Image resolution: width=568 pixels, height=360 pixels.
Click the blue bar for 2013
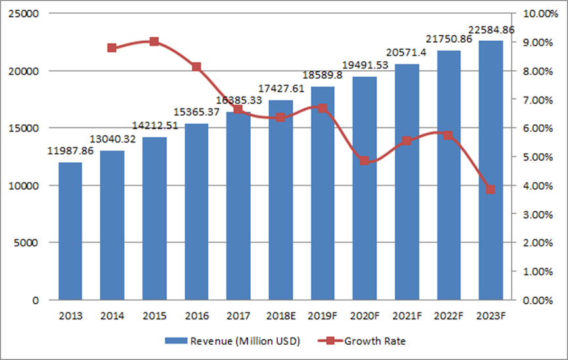pyautogui.click(x=70, y=231)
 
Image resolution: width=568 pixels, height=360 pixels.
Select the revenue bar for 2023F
pyautogui.click(x=491, y=170)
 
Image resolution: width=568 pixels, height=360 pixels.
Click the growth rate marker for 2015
pyautogui.click(x=154, y=41)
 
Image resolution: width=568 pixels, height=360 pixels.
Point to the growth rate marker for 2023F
pyautogui.click(x=491, y=190)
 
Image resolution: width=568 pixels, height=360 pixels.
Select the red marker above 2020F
pyautogui.click(x=364, y=161)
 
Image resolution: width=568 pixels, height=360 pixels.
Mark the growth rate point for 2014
pyautogui.click(x=112, y=48)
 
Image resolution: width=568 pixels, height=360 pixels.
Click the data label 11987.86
pyautogui.click(x=70, y=152)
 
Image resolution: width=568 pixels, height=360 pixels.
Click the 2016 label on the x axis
pyautogui.click(x=196, y=316)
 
